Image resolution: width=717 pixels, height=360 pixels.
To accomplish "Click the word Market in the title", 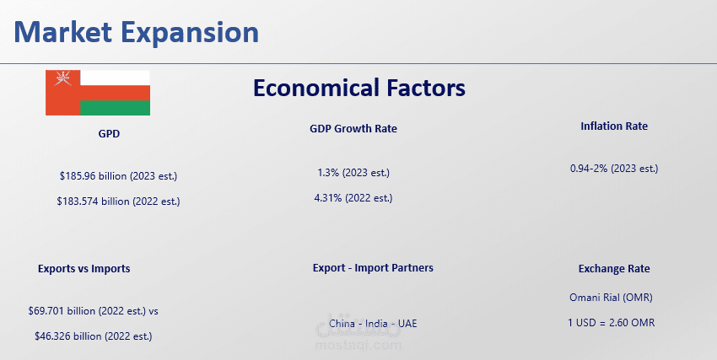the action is click(63, 32).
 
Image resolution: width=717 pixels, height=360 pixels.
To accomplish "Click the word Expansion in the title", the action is click(190, 33).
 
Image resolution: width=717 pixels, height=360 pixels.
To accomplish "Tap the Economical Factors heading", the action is click(359, 88).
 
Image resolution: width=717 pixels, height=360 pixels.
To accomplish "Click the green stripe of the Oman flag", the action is click(116, 108).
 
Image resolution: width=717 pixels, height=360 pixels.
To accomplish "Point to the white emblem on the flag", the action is click(63, 78).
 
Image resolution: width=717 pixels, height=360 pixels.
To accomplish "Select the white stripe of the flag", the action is click(116, 78).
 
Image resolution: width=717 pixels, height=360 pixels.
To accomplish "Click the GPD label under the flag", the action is click(109, 134).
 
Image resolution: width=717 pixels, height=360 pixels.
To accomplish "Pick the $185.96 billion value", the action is click(118, 176).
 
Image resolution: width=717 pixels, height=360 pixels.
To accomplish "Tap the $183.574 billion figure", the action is click(118, 201).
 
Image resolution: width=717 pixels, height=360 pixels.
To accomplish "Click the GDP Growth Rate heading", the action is click(353, 129).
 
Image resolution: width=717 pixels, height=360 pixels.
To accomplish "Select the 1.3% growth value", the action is click(353, 173).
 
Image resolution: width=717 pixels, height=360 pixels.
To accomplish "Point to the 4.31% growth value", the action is click(353, 198).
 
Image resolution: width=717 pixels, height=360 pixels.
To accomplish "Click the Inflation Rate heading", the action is click(614, 126).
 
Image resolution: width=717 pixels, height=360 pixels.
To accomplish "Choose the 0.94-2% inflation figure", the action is click(614, 168).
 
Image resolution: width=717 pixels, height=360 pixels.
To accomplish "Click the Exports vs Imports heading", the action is click(84, 269).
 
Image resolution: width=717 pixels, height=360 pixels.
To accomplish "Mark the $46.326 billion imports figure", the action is click(94, 336).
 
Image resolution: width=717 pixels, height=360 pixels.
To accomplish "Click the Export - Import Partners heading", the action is click(373, 268).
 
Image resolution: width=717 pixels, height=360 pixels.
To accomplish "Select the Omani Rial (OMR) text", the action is click(611, 298).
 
